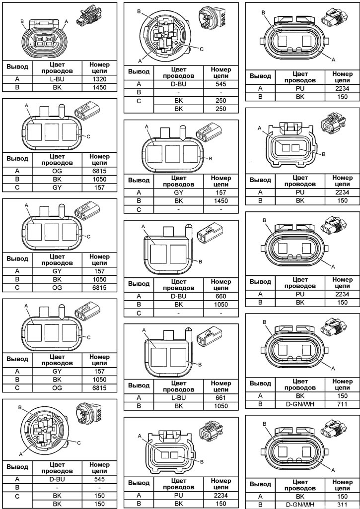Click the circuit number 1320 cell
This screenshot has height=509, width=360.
(99, 79)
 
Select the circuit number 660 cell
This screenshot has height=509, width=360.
(220, 296)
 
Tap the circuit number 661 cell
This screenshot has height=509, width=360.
(220, 398)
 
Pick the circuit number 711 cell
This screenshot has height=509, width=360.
(342, 404)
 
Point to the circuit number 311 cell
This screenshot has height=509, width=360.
(342, 505)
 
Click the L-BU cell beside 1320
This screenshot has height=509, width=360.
(57, 79)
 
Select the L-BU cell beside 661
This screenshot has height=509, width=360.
(178, 398)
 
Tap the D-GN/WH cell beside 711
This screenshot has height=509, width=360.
(300, 404)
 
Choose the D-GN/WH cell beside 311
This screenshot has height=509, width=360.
(300, 505)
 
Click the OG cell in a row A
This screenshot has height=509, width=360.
(57, 171)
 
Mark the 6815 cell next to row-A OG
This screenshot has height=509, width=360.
(99, 171)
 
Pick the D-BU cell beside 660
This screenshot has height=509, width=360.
(178, 296)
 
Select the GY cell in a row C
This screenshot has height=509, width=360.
(57, 188)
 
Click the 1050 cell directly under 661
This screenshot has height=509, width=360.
(220, 406)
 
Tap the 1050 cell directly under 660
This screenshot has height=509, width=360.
(220, 305)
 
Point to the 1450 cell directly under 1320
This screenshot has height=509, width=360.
(99, 87)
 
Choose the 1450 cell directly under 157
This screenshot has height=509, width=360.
(220, 201)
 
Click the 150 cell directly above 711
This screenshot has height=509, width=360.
(342, 396)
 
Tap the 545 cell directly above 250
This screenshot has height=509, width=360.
(220, 84)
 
